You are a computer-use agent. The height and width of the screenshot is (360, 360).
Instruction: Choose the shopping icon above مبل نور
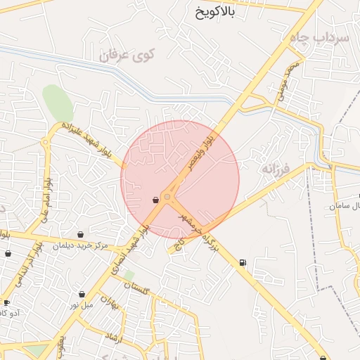click(x=82, y=294)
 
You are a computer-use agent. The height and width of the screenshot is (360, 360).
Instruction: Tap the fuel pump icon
click(x=243, y=263)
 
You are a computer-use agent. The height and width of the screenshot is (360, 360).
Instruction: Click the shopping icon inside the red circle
click(x=155, y=200)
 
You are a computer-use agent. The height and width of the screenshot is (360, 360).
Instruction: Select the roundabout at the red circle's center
click(x=168, y=196)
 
